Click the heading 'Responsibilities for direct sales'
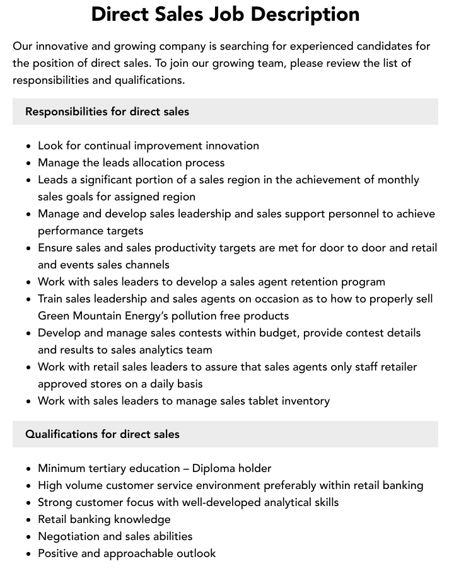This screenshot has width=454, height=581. click(x=107, y=112)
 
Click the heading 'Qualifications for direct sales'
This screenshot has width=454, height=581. click(x=102, y=434)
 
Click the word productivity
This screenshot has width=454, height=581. click(x=178, y=248)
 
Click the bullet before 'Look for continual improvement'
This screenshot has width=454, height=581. click(x=28, y=146)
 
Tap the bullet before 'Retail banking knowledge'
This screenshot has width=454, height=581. click(x=28, y=520)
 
